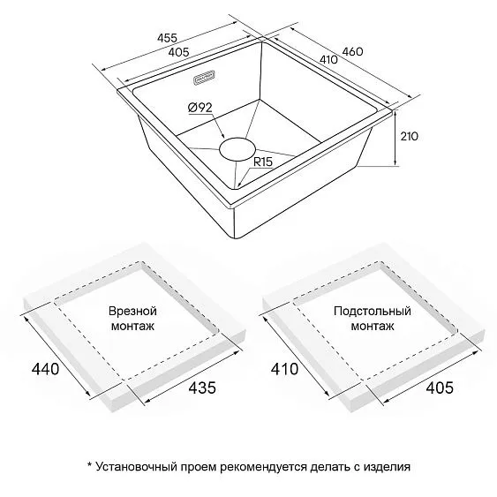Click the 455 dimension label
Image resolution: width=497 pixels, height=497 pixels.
point(167,38)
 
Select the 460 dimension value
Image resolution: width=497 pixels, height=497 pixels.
point(352,51)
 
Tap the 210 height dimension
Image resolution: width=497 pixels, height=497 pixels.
point(410,136)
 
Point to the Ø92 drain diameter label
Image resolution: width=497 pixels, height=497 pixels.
point(200,108)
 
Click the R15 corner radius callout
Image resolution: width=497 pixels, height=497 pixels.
point(263,162)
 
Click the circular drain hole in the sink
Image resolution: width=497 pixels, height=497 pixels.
point(237,148)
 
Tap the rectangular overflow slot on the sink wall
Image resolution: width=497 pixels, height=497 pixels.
point(204,78)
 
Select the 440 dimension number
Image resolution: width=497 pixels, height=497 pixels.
point(45,369)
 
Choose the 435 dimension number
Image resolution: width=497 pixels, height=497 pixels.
point(202,388)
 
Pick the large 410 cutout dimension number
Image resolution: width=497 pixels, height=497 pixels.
point(284,369)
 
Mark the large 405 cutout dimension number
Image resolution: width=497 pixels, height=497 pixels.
point(440,388)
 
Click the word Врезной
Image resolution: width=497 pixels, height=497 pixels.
point(132,311)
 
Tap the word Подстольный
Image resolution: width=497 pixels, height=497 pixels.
point(373,311)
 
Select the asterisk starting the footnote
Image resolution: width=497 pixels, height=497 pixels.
point(90,464)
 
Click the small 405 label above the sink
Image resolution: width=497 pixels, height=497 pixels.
point(178,52)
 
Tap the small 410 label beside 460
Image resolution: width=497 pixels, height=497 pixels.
point(328,59)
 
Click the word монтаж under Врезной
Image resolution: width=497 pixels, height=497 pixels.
point(132,326)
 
